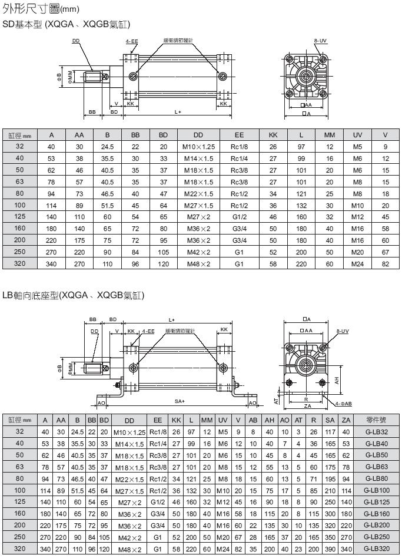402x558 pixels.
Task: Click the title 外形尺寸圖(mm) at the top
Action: [41, 10]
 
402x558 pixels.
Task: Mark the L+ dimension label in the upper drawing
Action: [178, 111]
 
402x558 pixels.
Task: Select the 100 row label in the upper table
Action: [20, 205]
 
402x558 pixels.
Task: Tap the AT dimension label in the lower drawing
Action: [277, 399]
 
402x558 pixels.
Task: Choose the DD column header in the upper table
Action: [198, 135]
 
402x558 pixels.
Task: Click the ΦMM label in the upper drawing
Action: [70, 77]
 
